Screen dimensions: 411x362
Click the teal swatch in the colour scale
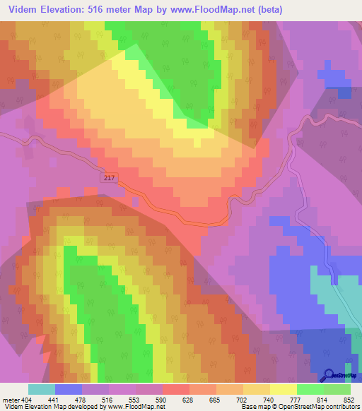click(42, 389)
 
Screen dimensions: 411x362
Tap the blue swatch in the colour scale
click(69, 389)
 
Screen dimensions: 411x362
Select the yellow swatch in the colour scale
click(284, 389)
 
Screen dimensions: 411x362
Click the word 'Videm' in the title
click(23, 9)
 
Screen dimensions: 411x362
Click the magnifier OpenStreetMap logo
click(328, 375)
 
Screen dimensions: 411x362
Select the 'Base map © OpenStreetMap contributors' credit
click(299, 407)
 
